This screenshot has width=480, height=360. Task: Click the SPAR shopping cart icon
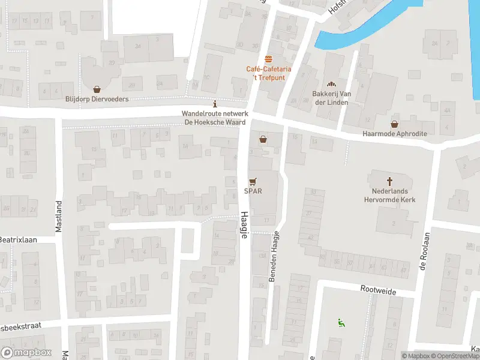[253, 181]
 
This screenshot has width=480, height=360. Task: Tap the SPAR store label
[252, 191]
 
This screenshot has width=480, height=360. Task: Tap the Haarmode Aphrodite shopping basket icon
[394, 124]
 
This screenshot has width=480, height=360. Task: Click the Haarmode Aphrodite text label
[394, 134]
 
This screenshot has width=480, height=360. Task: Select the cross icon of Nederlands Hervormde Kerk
[389, 181]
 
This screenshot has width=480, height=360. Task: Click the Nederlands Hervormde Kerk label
[389, 195]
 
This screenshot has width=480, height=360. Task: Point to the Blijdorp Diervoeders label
[97, 99]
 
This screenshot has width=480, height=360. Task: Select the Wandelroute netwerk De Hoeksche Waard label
[215, 118]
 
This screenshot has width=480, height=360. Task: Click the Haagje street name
[244, 225]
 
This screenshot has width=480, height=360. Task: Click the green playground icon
[341, 323]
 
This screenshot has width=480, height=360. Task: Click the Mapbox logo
[26, 353]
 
